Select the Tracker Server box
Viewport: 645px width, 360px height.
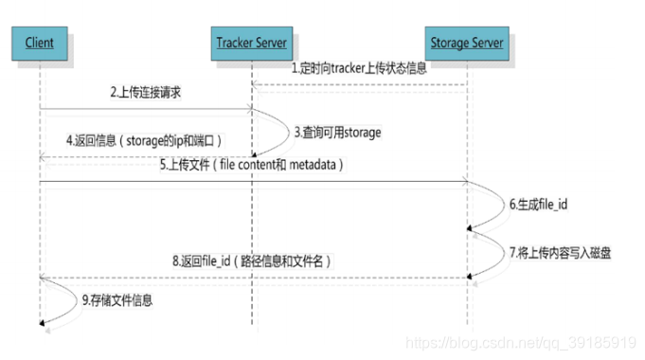(252, 44)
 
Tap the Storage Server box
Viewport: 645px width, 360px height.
(467, 44)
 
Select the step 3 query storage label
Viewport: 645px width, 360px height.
(336, 133)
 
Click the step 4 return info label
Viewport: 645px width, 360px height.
(143, 140)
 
